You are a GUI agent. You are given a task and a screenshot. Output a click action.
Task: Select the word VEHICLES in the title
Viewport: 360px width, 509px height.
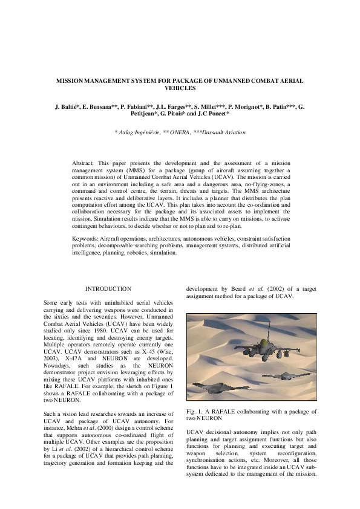tap(180, 88)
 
